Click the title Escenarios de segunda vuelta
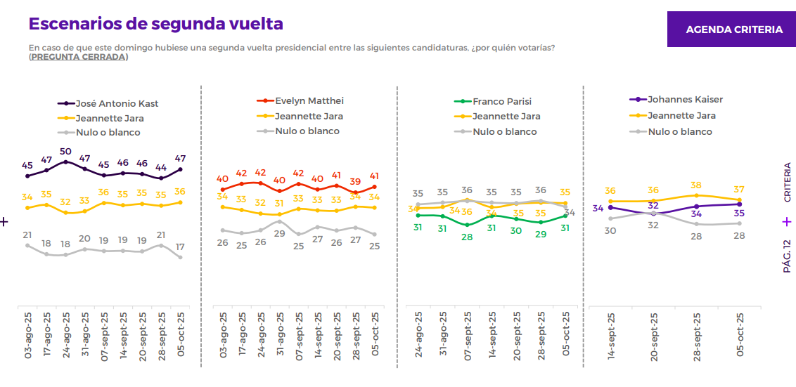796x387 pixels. (155, 23)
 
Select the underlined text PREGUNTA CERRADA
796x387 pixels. (78, 57)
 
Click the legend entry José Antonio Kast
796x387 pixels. (117, 103)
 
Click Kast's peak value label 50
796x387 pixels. (65, 151)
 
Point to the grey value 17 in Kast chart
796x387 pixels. (180, 247)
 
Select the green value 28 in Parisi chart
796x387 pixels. (466, 237)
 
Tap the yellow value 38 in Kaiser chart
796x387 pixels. (696, 185)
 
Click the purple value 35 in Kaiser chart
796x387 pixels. (739, 214)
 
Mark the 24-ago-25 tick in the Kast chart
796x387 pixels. (65, 335)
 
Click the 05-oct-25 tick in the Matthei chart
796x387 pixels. (375, 335)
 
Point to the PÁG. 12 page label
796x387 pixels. (787, 256)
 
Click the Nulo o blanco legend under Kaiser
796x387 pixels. (679, 131)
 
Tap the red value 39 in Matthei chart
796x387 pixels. (355, 181)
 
